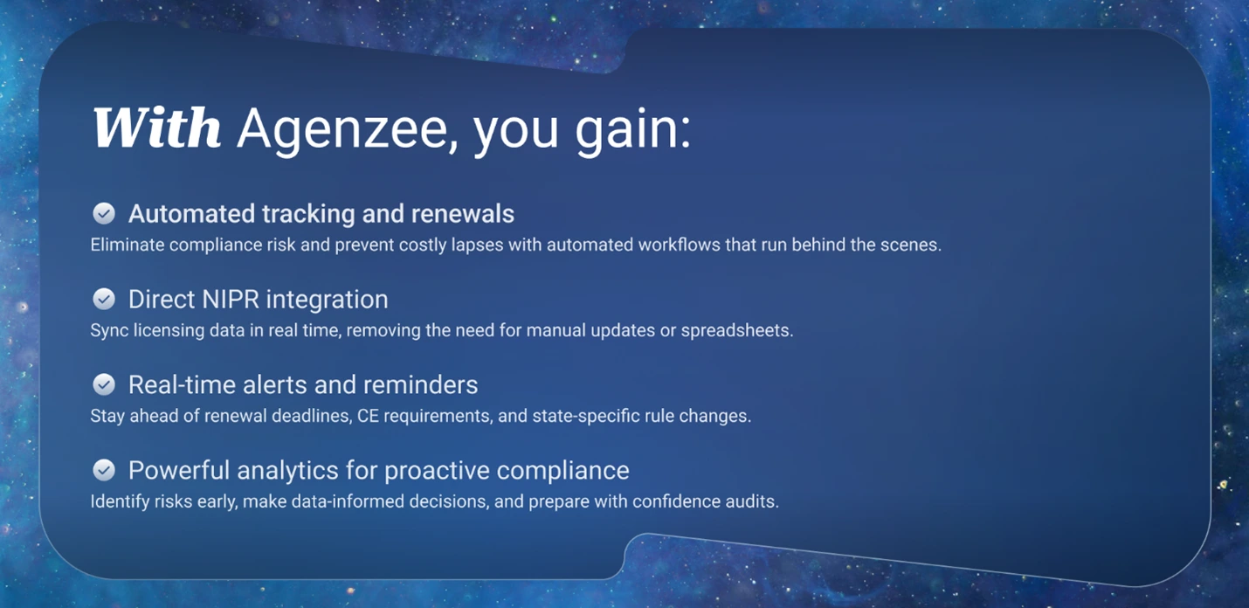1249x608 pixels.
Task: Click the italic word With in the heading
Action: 157,128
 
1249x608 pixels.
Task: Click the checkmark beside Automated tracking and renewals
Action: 104,213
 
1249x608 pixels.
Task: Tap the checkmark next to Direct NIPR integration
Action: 104,299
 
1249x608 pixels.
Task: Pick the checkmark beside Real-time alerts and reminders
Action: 104,384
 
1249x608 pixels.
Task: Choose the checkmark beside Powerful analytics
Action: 104,470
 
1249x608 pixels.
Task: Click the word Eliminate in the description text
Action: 127,245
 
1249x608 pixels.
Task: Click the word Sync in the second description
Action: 107,331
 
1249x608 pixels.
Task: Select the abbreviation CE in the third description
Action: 367,416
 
